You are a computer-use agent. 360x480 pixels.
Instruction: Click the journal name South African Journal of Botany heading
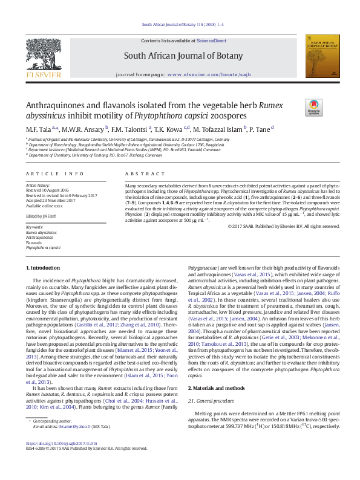click(180, 55)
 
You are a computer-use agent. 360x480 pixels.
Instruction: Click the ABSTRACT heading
click(137, 174)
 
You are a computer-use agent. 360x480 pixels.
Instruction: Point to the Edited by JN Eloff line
click(41, 216)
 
